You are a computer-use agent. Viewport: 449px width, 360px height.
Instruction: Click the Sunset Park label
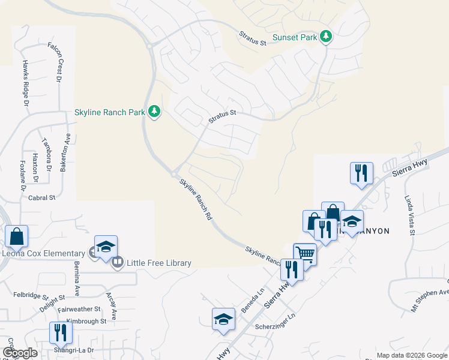[x=294, y=37]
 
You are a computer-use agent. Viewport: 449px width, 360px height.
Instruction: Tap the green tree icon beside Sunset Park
[x=326, y=37]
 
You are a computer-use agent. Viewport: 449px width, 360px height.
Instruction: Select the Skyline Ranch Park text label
[x=109, y=112]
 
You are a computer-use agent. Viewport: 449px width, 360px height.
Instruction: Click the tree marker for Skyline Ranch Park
[x=154, y=112]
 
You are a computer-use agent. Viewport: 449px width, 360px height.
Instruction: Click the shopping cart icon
[x=305, y=254]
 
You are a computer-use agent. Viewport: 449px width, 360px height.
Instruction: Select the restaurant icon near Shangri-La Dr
[x=60, y=333]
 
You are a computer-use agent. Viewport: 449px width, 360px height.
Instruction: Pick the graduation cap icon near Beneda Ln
[x=223, y=319]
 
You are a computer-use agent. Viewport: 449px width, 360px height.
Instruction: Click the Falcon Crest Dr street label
[x=59, y=66]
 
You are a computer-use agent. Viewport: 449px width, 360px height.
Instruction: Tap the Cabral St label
[x=41, y=197]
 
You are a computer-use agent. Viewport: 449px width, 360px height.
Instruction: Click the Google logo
[x=20, y=353]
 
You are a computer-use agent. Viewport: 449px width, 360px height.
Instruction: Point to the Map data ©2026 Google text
[x=411, y=355]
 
